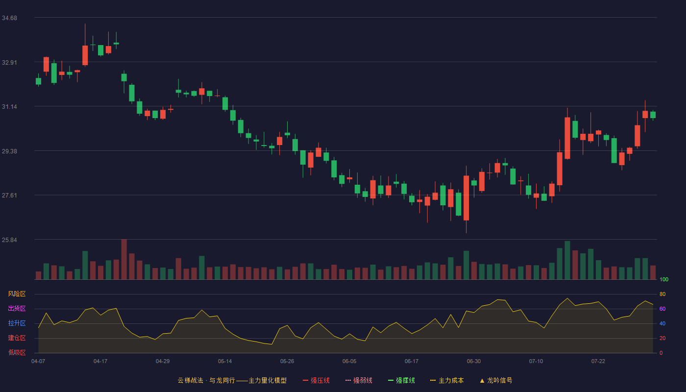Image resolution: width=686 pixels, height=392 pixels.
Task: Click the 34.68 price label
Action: [x=9, y=18]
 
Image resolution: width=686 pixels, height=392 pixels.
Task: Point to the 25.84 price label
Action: [x=9, y=240]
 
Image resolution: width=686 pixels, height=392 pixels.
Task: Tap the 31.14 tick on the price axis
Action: [x=9, y=107]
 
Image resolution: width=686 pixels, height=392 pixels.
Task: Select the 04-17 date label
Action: [x=100, y=362]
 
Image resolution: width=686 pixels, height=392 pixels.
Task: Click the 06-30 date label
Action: [x=474, y=362]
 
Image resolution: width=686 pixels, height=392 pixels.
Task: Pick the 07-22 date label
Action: [x=598, y=362]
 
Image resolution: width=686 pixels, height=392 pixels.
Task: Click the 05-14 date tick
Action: [x=225, y=362]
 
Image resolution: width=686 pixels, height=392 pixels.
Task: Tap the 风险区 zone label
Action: [x=17, y=294]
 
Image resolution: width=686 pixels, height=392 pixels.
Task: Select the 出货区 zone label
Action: [x=17, y=308]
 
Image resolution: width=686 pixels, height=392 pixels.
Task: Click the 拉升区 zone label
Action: [x=17, y=323]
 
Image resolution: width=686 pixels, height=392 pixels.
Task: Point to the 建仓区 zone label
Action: [x=17, y=338]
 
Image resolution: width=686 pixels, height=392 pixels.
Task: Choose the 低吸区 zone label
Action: [x=17, y=352]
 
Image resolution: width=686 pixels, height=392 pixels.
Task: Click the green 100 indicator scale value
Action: [x=664, y=279]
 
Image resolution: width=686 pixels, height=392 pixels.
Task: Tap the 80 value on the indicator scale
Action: [x=662, y=294]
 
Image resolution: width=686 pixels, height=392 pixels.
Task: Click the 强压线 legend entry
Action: [x=316, y=380]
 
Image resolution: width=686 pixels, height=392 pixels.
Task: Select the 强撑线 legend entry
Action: [x=401, y=380]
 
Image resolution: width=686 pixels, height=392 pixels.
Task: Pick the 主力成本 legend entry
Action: [x=447, y=380]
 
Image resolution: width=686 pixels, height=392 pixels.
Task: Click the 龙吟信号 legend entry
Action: [x=496, y=380]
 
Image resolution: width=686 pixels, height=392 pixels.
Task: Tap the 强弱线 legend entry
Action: [x=359, y=380]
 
